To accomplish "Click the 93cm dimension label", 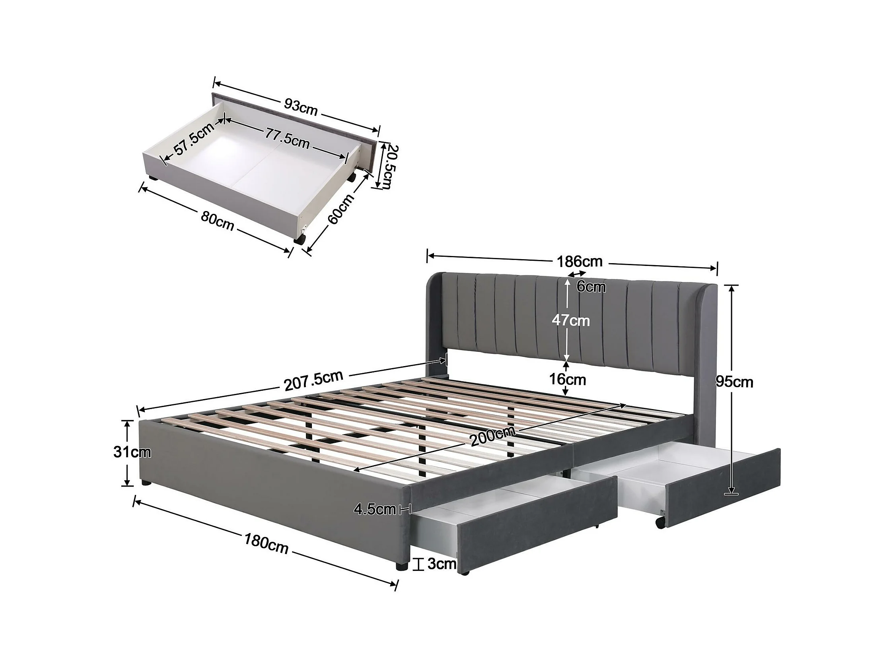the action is tap(301, 107).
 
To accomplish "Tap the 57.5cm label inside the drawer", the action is tap(194, 139).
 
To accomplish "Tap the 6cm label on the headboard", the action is tap(591, 287).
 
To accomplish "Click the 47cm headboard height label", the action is tap(570, 321).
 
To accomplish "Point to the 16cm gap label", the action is tap(567, 379).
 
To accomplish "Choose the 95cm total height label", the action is tap(734, 382).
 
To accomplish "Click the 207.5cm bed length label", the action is tap(314, 380).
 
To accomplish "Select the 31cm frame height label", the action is tap(132, 452).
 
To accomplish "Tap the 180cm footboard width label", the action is tap(266, 543).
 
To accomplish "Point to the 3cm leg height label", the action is tap(442, 564).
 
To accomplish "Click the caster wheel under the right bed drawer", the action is tap(660, 523).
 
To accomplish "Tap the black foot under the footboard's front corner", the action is tap(401, 566).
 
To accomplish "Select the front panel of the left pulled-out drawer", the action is tap(537, 526).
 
